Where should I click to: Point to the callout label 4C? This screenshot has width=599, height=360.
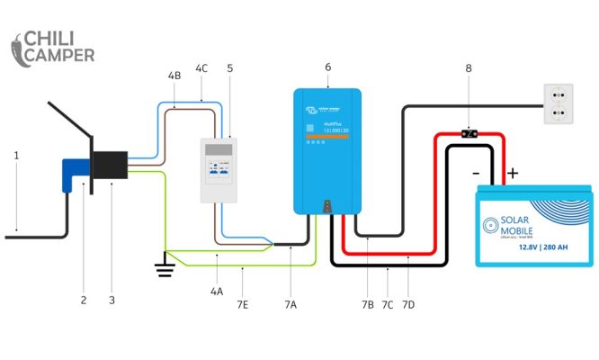coord(201,68)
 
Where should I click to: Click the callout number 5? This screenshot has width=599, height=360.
coord(229,68)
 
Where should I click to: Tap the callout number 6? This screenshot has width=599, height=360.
coord(327,67)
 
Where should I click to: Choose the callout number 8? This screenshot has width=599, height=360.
coord(468,67)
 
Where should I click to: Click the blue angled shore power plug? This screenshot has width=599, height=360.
coord(72,175)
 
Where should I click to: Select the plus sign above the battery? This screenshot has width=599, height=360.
coord(514,172)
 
